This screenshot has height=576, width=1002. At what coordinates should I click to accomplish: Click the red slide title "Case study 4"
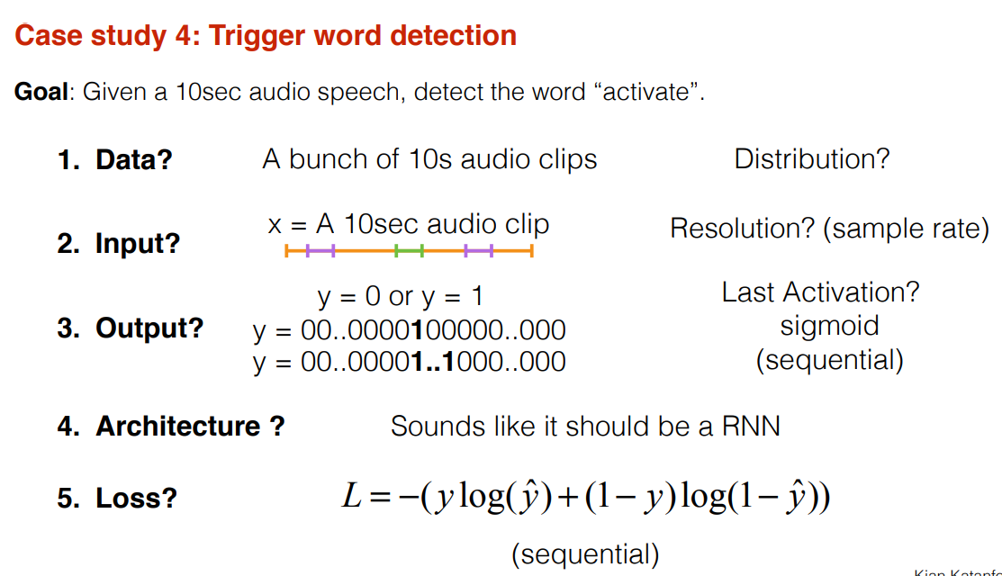click(x=266, y=35)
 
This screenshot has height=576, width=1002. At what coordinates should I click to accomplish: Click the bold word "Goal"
click(x=41, y=92)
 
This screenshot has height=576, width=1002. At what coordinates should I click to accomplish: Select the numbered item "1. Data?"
click(x=114, y=160)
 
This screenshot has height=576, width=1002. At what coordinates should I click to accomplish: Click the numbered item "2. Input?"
click(x=118, y=243)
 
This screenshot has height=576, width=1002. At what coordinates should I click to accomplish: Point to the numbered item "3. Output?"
click(x=131, y=328)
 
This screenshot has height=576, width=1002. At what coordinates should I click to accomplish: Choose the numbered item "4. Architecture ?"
click(x=170, y=426)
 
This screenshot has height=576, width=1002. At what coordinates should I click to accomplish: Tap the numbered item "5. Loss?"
click(x=117, y=498)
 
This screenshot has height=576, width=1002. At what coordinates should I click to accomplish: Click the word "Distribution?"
click(x=811, y=159)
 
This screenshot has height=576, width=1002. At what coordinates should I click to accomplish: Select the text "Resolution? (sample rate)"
click(x=829, y=229)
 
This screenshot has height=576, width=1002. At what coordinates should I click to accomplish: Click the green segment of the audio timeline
click(x=410, y=251)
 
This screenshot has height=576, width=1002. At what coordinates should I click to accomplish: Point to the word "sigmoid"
click(x=829, y=326)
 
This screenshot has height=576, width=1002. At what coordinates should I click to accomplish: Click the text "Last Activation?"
click(x=820, y=292)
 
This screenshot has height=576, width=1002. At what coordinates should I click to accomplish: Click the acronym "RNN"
click(x=751, y=426)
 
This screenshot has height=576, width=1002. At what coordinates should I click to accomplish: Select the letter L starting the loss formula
click(x=352, y=497)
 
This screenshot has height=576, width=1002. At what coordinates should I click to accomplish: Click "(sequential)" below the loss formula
click(x=585, y=553)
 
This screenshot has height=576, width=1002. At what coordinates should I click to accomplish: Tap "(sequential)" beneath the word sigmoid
click(x=829, y=360)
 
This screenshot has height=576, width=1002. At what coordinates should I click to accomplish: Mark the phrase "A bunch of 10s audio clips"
click(x=429, y=159)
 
